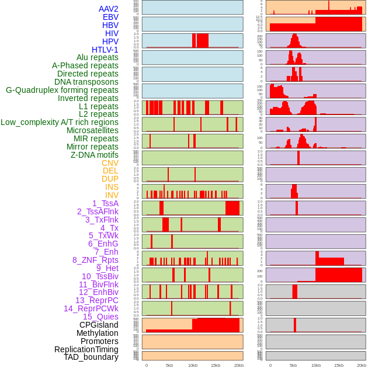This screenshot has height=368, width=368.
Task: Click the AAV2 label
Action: pyautogui.click(x=108, y=9)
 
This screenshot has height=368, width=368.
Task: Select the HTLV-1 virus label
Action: pyautogui.click(x=105, y=50)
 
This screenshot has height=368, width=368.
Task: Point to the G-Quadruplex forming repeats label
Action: pyautogui.click(x=62, y=90)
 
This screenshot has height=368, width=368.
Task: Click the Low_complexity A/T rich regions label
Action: pyautogui.click(x=60, y=122)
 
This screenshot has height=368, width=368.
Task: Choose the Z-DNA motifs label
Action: pyautogui.click(x=94, y=155)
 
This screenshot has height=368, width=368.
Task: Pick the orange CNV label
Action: pyautogui.click(x=110, y=163)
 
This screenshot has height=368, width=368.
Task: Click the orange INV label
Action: pyautogui.click(x=112, y=195)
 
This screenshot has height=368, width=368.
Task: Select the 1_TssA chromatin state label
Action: pyautogui.click(x=105, y=203)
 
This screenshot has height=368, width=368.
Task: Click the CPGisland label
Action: pyautogui.click(x=99, y=325)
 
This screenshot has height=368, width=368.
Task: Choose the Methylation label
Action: pyautogui.click(x=98, y=333)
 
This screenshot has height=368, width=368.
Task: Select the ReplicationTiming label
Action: pyautogui.click(x=86, y=349)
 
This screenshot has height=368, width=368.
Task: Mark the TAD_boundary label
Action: pyautogui.click(x=91, y=357)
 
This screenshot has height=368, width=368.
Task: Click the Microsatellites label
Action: pyautogui.click(x=92, y=130)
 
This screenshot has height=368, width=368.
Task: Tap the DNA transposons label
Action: pyautogui.click(x=86, y=82)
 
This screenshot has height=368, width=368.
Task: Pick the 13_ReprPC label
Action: pyautogui.click(x=96, y=300)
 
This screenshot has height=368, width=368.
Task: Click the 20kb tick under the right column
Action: pyautogui.click(x=362, y=365)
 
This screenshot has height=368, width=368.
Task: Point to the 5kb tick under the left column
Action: pyautogui.click(x=169, y=365)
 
